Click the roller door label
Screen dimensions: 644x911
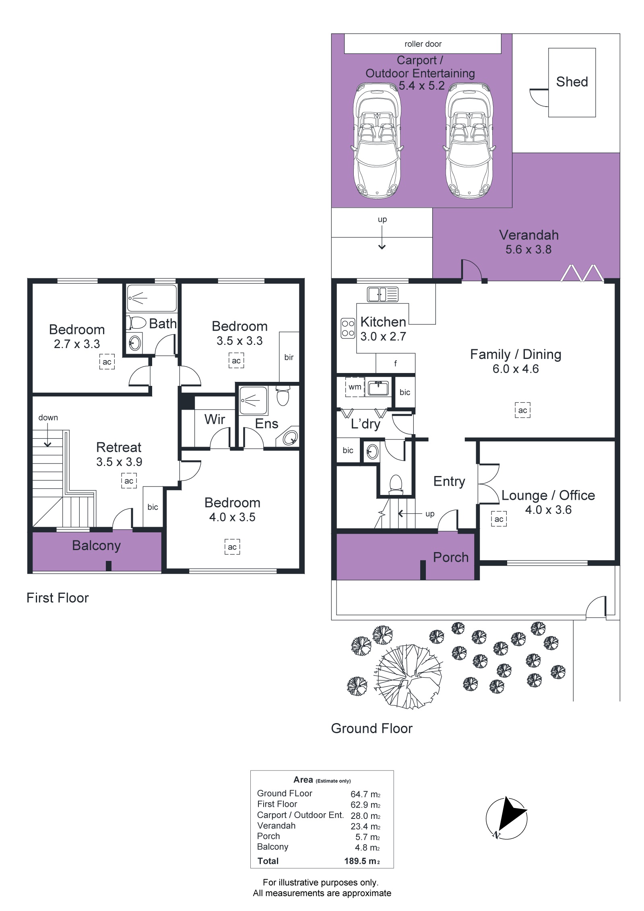423,44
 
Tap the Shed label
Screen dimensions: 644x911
572,82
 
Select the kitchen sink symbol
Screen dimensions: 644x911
382,294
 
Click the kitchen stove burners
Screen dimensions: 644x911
348,328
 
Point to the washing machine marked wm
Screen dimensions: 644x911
355,387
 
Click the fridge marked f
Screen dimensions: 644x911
395,364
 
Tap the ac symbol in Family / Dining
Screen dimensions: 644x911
522,410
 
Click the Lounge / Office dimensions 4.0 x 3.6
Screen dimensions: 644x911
548,510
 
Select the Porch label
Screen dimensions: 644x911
451,557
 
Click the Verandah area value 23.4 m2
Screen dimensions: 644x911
365,826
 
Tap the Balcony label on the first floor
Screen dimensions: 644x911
97,546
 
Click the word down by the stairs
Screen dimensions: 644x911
48,418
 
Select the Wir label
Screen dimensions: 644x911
215,419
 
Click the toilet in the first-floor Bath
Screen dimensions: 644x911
136,323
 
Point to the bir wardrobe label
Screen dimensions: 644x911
289,357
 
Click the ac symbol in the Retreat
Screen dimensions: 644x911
129,481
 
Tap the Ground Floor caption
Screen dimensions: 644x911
372,728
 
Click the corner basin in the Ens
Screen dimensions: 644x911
291,437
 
